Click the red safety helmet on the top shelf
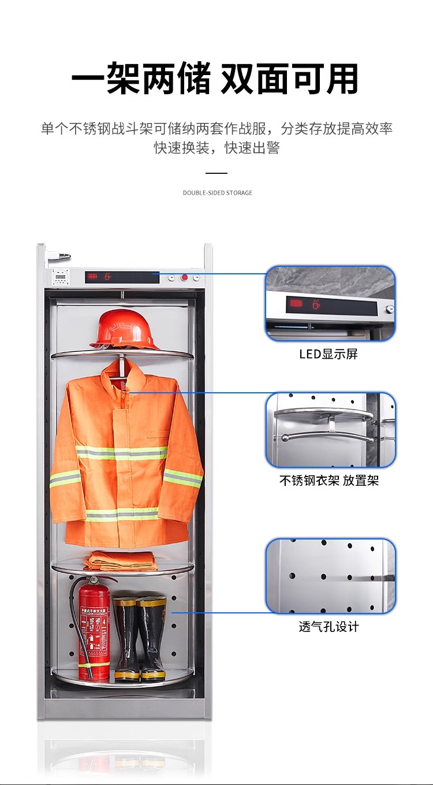tap(124, 329)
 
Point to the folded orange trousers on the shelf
tap(120, 560)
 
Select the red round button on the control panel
tap(184, 278)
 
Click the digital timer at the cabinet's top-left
tap(60, 277)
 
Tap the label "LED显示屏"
tap(329, 354)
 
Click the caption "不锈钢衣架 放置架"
tap(329, 480)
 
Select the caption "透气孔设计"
tap(329, 626)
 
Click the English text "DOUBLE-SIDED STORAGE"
tap(218, 193)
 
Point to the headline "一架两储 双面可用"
tap(215, 78)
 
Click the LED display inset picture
tap(330, 303)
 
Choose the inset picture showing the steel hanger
tap(330, 430)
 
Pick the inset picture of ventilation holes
tap(330, 576)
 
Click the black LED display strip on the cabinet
tap(122, 277)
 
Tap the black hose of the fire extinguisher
tap(79, 624)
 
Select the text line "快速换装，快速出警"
tap(217, 147)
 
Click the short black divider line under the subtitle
tap(216, 173)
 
